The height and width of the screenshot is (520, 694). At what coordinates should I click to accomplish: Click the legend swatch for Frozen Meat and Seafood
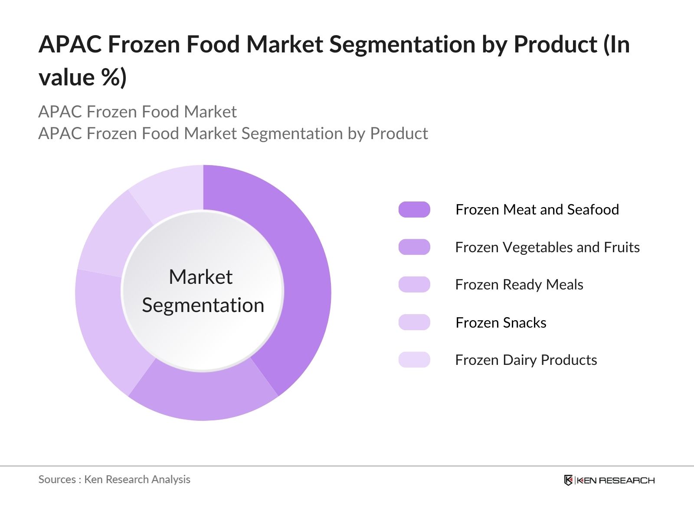click(x=414, y=210)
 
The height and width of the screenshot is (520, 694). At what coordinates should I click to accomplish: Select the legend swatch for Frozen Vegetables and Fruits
click(x=414, y=247)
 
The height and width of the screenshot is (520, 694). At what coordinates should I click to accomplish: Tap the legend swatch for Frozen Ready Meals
click(x=414, y=285)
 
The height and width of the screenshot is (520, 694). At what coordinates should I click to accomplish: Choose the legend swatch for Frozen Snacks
click(x=414, y=322)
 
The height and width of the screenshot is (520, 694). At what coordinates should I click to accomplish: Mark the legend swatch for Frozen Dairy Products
click(x=414, y=360)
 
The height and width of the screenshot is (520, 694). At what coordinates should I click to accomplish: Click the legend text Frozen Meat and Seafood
click(x=537, y=210)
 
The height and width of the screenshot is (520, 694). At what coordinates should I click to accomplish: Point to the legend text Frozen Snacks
click(x=501, y=322)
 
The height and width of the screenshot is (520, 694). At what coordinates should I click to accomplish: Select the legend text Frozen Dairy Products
click(x=526, y=360)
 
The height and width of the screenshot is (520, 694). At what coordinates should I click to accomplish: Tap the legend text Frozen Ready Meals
click(x=519, y=285)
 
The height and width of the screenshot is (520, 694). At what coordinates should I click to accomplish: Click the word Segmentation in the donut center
click(x=203, y=305)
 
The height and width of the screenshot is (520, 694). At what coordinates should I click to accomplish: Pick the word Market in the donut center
click(x=200, y=277)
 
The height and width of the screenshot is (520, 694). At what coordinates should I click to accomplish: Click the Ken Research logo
click(x=609, y=480)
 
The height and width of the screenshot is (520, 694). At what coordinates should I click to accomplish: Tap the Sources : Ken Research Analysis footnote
click(x=115, y=479)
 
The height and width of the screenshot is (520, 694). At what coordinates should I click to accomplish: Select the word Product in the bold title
click(x=556, y=44)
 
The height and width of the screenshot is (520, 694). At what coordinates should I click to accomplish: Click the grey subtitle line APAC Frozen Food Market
click(x=137, y=112)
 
